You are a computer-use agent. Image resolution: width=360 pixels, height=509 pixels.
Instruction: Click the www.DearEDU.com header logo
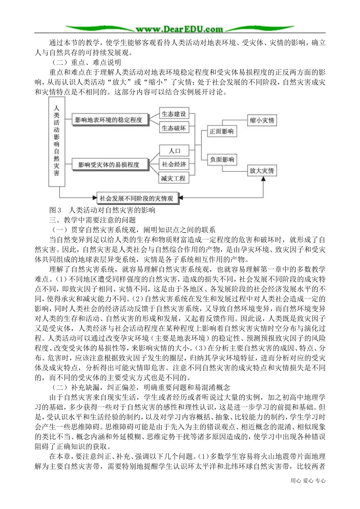(180, 28)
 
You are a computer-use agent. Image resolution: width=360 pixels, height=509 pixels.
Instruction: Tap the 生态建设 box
(174, 114)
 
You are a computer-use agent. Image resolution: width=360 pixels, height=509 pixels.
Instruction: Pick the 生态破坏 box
(174, 128)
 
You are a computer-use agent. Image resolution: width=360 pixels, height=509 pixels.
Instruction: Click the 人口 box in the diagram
(174, 151)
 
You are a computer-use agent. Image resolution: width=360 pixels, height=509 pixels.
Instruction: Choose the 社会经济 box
(174, 164)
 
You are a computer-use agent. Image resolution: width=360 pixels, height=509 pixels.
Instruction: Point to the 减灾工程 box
(173, 178)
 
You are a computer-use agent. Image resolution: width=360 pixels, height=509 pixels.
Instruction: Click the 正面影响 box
(222, 132)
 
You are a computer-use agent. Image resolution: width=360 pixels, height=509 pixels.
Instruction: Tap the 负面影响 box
(222, 159)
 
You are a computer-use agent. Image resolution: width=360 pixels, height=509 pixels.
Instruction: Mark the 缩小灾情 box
(261, 120)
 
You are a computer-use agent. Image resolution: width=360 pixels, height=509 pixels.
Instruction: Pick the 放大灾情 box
(261, 170)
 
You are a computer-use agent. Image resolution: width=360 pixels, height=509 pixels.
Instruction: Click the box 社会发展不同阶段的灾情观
(136, 198)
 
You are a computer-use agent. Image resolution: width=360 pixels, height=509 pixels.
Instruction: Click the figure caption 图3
(55, 210)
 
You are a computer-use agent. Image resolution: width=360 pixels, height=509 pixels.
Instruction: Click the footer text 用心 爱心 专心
(308, 481)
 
